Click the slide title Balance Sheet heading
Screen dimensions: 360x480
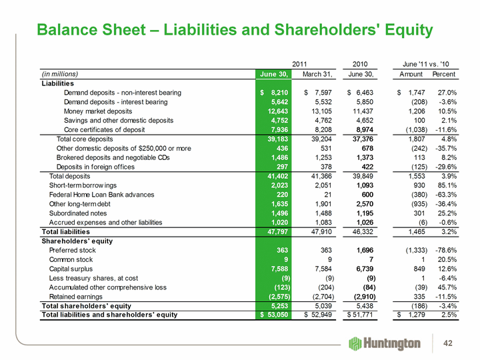[x=235, y=30]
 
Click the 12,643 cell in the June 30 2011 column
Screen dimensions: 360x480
[x=276, y=111]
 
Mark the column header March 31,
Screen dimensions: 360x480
[x=318, y=73]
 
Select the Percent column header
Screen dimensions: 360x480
[x=443, y=73]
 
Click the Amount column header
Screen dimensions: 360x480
[x=411, y=73]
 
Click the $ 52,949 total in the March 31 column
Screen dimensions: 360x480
[x=317, y=315]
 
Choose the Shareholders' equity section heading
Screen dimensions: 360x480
[x=79, y=241]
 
